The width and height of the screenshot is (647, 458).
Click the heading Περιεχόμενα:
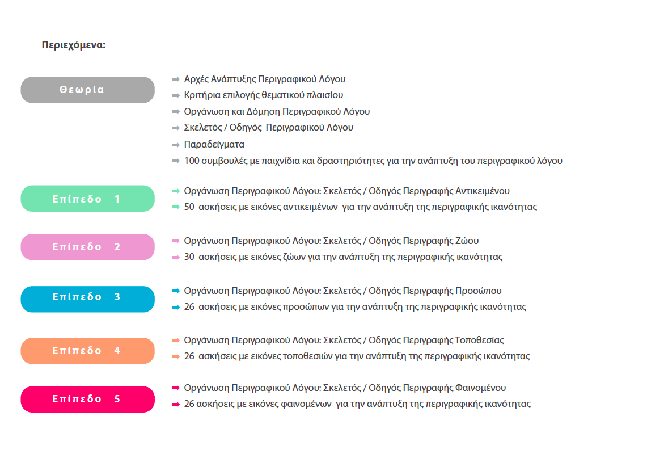point(74,45)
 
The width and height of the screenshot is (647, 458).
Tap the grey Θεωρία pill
point(87,90)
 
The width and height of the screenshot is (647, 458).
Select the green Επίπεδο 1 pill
point(87,199)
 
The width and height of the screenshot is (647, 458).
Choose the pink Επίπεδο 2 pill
point(87,247)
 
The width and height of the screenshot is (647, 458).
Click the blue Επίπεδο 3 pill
point(87,297)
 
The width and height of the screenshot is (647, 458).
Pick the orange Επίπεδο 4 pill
point(87,351)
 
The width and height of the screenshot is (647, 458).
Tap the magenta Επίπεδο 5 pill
point(87,399)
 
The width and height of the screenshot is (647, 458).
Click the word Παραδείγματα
point(214,145)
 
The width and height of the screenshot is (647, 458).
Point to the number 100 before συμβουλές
point(192,161)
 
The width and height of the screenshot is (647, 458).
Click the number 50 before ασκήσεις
point(189,207)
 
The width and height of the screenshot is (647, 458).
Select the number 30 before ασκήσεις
point(189,257)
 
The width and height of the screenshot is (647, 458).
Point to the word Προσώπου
point(479,291)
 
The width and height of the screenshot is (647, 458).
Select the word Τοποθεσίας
point(480,341)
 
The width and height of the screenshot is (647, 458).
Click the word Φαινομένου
point(481,388)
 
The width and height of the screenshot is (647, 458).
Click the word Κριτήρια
point(201,95)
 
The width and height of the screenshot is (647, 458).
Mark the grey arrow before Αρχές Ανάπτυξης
point(176,79)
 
